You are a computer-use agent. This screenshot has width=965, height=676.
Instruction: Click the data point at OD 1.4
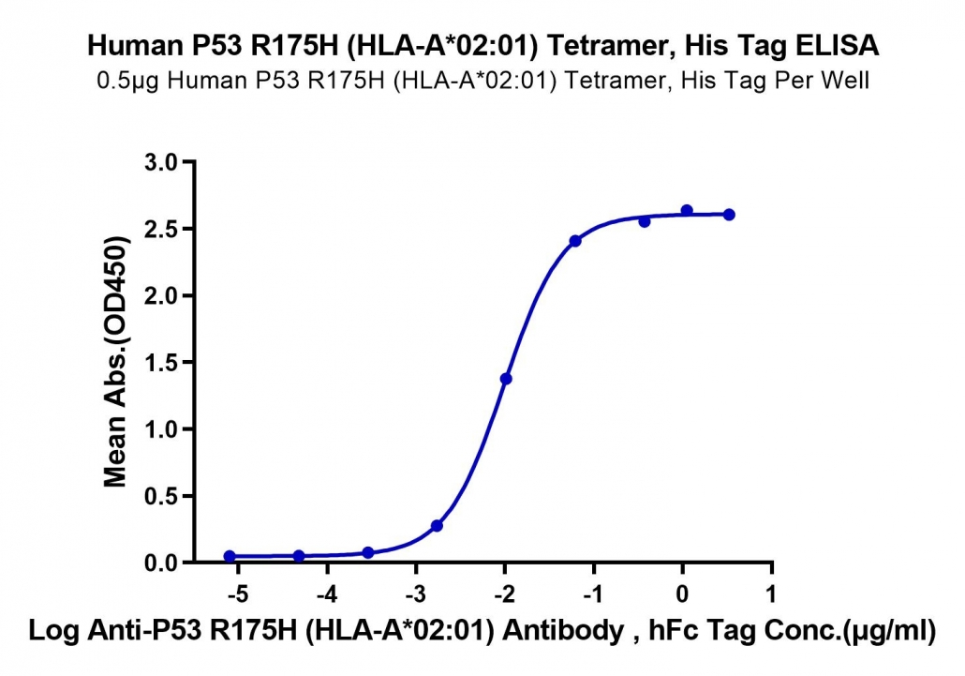tap(506, 379)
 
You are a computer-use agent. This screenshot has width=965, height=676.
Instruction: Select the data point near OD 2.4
tap(575, 241)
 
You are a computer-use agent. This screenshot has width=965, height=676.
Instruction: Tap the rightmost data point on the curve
tap(729, 215)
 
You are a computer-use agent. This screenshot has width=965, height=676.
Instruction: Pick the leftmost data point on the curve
tap(230, 556)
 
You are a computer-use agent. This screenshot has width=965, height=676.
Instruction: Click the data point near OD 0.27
tap(437, 526)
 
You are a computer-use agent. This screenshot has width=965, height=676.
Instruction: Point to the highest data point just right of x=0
tap(687, 211)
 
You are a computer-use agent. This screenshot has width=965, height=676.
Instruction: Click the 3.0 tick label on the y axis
tap(160, 162)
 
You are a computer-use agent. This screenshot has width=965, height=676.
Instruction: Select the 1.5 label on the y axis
tap(160, 363)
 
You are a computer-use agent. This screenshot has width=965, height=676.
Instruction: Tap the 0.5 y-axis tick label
tap(160, 496)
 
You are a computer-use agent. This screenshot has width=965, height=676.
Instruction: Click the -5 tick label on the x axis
tap(237, 594)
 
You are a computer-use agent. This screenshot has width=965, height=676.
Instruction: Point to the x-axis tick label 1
tap(770, 594)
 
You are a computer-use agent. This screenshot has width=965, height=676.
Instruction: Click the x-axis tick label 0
tap(682, 594)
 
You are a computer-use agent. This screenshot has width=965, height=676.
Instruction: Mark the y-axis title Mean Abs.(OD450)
tap(116, 361)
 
